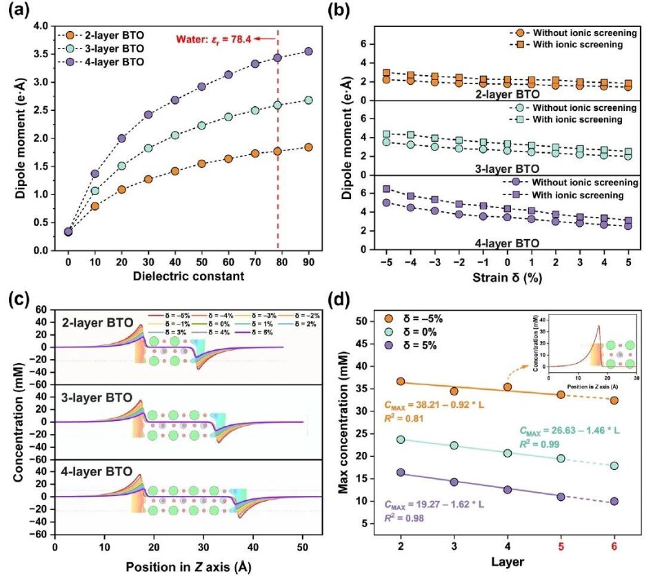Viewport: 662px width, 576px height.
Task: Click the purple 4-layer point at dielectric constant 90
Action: (x=308, y=52)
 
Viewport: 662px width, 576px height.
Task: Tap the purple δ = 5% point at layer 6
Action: (x=614, y=501)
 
